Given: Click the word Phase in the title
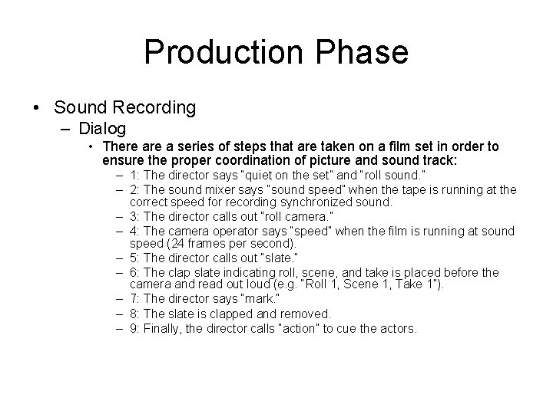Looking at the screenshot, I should pos(361,53).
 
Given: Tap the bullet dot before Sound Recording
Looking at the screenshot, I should pos(38,108).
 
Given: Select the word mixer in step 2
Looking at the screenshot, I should pos(220,189).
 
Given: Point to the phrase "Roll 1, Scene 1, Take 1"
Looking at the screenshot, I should pos(393,284).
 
